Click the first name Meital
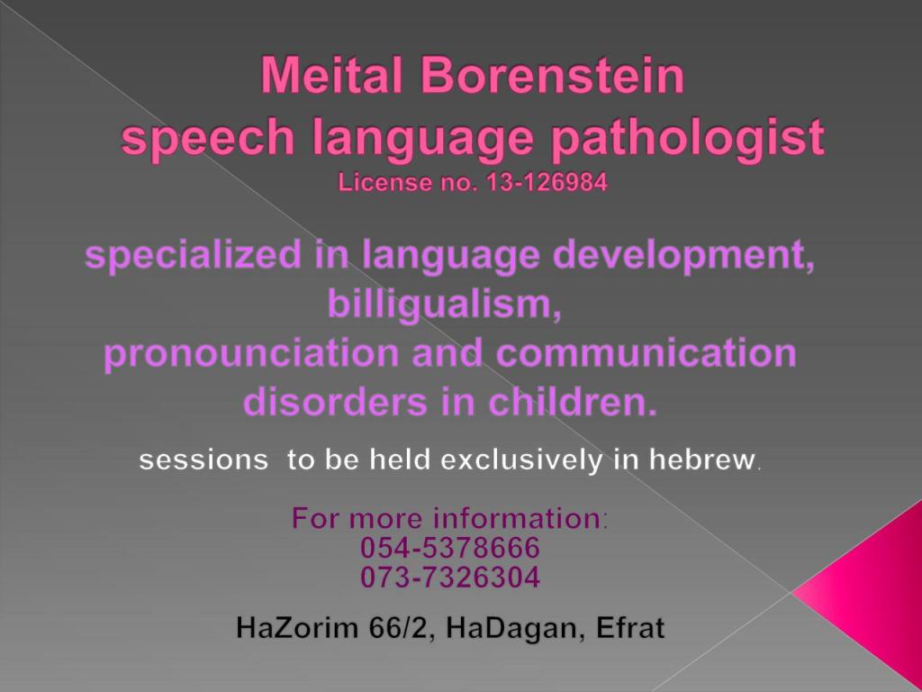tap(331, 76)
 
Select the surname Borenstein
tap(553, 76)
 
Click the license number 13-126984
tap(547, 182)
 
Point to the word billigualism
tap(445, 305)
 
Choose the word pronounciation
tap(252, 354)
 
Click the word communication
tap(646, 352)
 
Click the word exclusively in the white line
tap(521, 460)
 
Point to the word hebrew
tap(702, 459)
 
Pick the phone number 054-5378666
tap(450, 547)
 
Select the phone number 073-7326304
tap(450, 577)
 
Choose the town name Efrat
tap(630, 627)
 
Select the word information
tap(517, 518)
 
